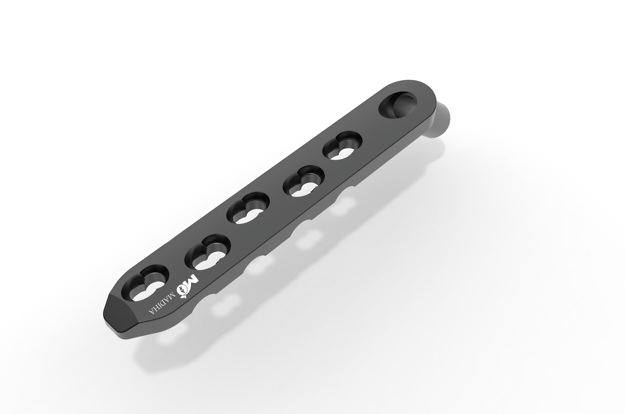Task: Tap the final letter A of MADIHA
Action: (151, 311)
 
